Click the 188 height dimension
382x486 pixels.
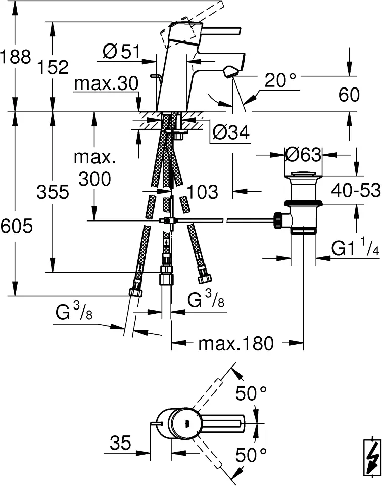16,57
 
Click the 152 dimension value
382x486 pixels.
53,67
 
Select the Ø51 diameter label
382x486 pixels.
121,51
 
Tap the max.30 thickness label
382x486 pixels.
106,83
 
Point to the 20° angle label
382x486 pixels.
280,80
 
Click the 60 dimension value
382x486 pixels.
349,95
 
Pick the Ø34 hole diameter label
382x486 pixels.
231,133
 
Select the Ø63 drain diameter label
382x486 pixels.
303,154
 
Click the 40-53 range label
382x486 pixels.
356,190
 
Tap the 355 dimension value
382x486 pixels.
53,192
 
